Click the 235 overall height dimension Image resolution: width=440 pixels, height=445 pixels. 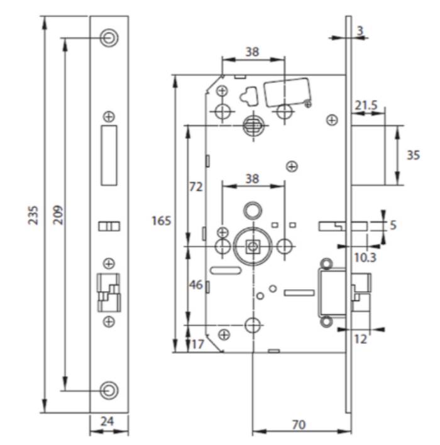click(x=33, y=215)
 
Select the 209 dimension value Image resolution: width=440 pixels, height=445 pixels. click(x=58, y=215)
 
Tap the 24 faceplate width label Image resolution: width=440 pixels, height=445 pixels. click(x=107, y=421)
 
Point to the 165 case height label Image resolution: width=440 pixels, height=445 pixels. click(x=162, y=221)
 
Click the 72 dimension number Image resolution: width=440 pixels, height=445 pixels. click(x=196, y=187)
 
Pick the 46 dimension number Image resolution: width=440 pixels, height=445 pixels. click(x=196, y=285)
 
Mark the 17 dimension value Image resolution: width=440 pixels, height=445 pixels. click(x=198, y=344)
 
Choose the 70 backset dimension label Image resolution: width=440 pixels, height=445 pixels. click(x=299, y=425)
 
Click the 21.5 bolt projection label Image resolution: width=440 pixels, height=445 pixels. click(x=366, y=106)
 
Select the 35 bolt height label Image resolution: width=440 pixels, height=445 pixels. click(x=413, y=155)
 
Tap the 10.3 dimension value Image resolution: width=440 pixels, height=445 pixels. click(x=365, y=258)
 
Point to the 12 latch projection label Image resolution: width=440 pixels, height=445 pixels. click(x=361, y=339)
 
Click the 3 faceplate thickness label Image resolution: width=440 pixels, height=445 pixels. click(x=360, y=31)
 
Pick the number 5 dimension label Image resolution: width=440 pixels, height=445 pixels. click(x=393, y=225)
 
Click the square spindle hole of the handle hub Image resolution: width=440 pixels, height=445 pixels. click(x=252, y=246)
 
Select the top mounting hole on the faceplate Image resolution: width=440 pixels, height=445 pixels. click(x=109, y=38)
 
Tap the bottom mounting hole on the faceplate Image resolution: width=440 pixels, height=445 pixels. click(x=109, y=390)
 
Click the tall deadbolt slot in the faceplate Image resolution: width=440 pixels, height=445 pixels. click(x=109, y=155)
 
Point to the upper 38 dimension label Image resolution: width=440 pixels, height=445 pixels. click(x=252, y=52)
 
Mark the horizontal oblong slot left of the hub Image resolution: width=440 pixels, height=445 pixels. click(x=226, y=270)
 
